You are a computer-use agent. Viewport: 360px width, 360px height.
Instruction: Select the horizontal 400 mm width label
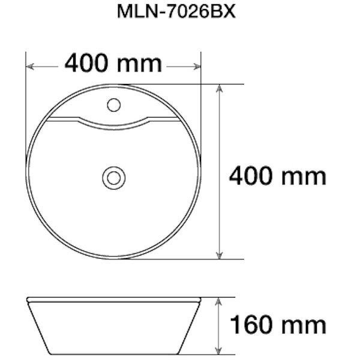[113, 63]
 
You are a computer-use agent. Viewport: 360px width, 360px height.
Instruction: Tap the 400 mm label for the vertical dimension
[277, 176]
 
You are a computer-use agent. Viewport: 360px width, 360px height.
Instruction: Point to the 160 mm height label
[277, 325]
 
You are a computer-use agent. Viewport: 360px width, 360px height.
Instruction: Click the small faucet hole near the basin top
[113, 106]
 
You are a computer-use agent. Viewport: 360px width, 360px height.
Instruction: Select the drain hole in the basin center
[113, 178]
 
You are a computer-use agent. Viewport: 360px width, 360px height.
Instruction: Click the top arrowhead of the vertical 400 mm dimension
[220, 89]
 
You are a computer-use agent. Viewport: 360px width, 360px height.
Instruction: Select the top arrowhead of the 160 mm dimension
[220, 301]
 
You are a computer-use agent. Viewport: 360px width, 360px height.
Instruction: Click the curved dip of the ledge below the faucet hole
[113, 126]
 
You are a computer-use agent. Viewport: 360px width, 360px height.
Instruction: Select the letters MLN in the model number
[137, 13]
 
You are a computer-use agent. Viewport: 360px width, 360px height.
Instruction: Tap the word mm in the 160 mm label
[304, 326]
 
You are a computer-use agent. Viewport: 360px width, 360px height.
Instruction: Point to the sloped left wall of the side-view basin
[40, 327]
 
